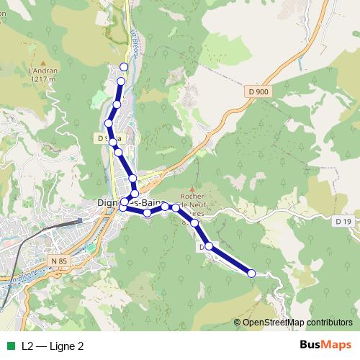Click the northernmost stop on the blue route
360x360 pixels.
point(123,67)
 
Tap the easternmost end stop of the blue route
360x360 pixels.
point(251,273)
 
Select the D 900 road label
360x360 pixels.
point(256,91)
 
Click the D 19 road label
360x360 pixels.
point(342,221)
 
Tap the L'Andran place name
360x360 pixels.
point(42,71)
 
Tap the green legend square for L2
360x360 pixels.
point(11,346)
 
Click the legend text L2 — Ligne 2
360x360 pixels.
point(53,346)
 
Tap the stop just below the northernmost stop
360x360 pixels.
point(121,81)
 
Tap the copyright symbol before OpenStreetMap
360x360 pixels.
point(238,322)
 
